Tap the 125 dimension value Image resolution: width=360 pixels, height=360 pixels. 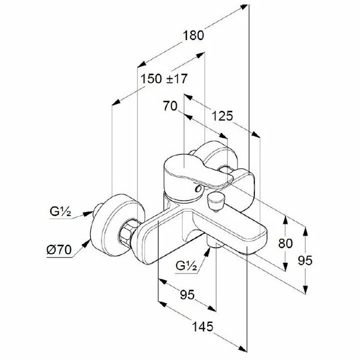[x=221, y=115]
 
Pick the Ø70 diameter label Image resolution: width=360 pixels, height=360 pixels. [x=60, y=250]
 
